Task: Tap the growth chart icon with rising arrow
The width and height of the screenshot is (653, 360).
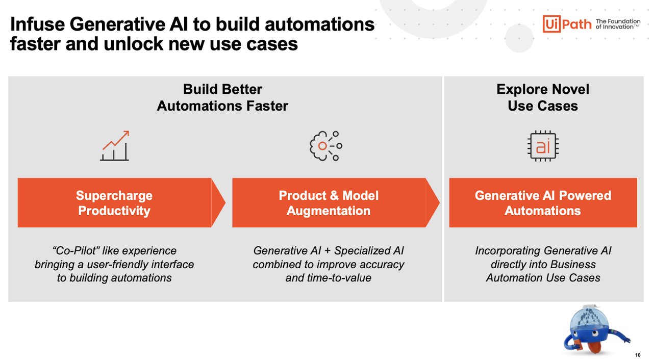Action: [x=115, y=146]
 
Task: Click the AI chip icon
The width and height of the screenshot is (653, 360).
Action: [x=543, y=146]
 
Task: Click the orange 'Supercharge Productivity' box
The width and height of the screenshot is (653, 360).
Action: [x=114, y=203]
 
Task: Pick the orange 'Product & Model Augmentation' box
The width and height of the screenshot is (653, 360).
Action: [x=329, y=203]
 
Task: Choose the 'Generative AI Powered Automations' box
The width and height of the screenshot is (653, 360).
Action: [x=543, y=203]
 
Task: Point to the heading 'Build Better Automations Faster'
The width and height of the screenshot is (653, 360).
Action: [x=222, y=97]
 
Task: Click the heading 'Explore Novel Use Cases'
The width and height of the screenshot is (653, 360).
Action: [x=543, y=97]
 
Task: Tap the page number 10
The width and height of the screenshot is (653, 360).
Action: [x=638, y=355]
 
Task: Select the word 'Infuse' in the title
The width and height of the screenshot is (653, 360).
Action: [x=36, y=24]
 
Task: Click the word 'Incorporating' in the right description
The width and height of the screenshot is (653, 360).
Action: [x=507, y=251]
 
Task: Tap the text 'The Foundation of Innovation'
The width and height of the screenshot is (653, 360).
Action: [x=618, y=24]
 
